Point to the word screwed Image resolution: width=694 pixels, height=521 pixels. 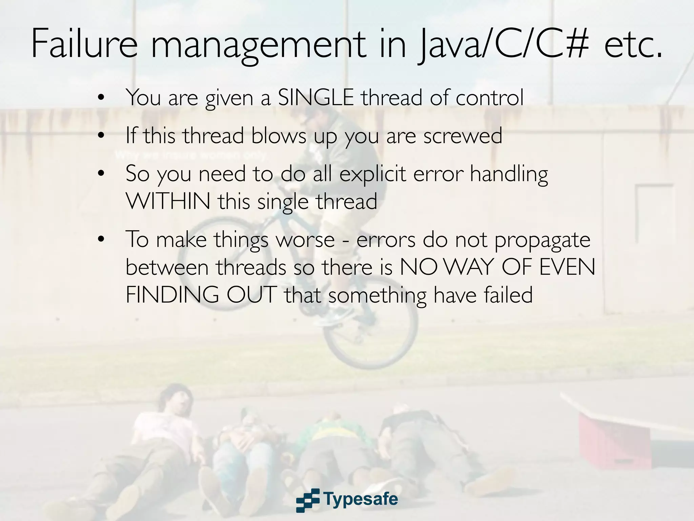coord(463,136)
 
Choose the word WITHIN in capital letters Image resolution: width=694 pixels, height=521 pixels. coord(168,201)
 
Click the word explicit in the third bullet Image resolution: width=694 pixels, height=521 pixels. coord(372,174)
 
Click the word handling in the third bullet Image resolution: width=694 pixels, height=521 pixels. coord(509,174)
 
